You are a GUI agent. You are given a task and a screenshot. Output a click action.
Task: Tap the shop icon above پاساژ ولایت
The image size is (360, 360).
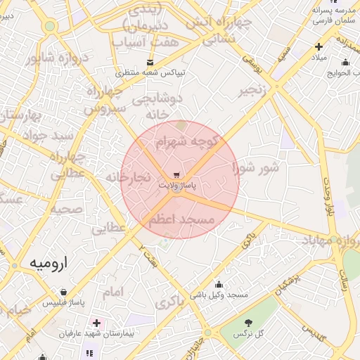pyautogui.click(x=176, y=174)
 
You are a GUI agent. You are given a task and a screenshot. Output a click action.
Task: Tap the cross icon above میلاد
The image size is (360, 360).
pyautogui.click(x=319, y=47)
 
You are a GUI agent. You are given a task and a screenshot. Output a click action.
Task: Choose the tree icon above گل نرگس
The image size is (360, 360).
pyautogui.click(x=248, y=322)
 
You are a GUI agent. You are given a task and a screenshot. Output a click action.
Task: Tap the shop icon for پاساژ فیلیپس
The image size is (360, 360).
pyautogui.click(x=64, y=292)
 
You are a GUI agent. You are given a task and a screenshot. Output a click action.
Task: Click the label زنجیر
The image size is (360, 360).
pyautogui.click(x=254, y=91)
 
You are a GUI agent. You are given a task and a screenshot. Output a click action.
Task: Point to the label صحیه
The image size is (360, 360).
pyautogui.click(x=67, y=209)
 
